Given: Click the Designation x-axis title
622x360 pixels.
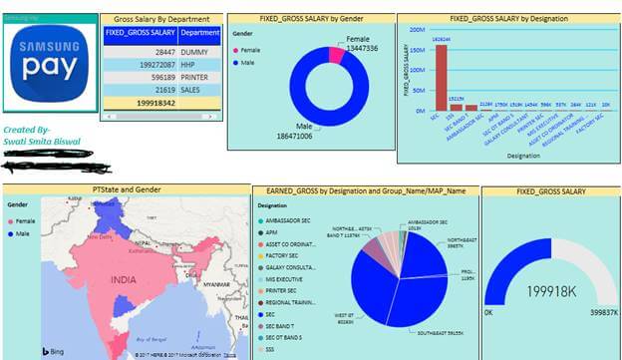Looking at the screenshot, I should click(505, 156).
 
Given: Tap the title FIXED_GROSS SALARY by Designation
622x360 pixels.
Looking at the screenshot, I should click(505, 18).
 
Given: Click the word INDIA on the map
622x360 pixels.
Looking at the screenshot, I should click(124, 281).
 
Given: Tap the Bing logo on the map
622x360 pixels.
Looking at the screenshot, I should click(25, 351).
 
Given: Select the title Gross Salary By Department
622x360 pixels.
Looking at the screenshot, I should click(161, 19).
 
